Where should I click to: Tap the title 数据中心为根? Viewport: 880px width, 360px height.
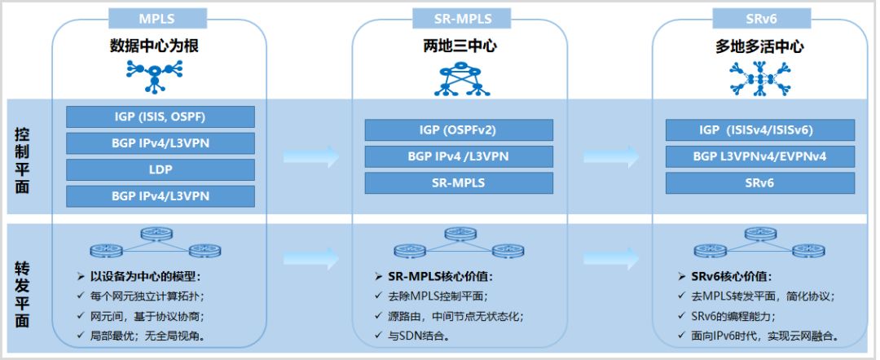[154, 46]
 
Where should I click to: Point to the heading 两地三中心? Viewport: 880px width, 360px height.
[460, 46]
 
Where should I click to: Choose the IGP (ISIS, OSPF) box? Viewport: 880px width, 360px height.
[160, 116]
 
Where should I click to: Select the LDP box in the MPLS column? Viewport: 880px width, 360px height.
[160, 169]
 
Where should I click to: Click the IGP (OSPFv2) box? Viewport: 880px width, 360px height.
[459, 130]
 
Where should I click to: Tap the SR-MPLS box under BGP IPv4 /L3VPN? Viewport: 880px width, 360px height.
[459, 183]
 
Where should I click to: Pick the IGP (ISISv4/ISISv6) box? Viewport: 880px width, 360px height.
[759, 130]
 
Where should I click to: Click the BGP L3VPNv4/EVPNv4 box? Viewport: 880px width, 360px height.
[759, 156]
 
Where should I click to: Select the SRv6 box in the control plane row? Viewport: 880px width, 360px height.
[759, 183]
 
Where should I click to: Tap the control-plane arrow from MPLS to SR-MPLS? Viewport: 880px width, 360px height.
[310, 156]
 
